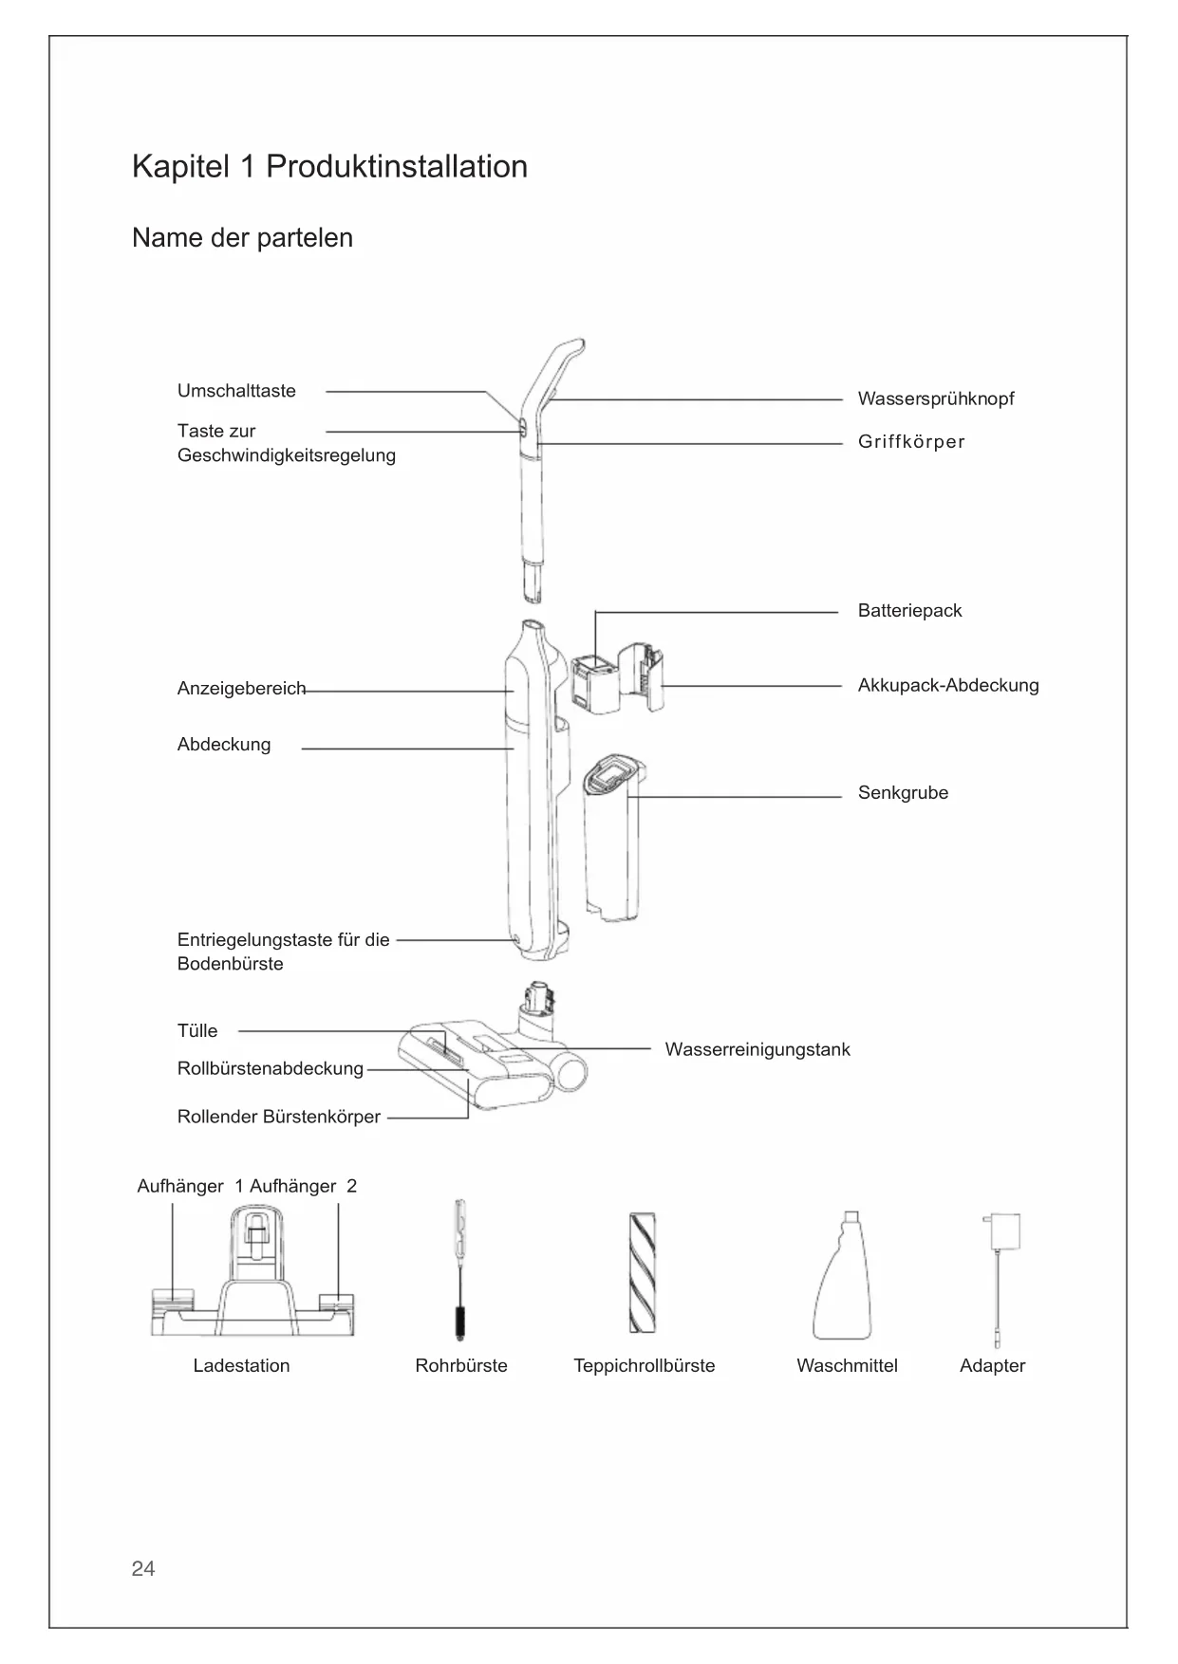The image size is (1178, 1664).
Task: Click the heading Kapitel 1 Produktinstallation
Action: click(329, 167)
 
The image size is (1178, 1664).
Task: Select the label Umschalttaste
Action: click(236, 391)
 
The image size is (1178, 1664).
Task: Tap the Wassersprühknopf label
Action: click(935, 398)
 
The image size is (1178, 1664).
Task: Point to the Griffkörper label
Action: click(910, 442)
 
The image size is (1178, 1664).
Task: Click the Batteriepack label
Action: click(909, 611)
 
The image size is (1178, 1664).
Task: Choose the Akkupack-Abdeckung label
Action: click(947, 685)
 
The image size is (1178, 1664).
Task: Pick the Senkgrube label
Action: click(903, 793)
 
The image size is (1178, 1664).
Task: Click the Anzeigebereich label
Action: click(241, 689)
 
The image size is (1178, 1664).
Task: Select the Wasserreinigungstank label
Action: click(757, 1049)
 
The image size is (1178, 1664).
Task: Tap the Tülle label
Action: click(197, 1031)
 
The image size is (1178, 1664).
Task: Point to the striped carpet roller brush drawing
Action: click(643, 1272)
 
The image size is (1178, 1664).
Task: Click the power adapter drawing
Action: click(999, 1271)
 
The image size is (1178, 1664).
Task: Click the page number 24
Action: click(143, 1568)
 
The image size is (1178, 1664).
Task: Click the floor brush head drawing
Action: click(484, 1063)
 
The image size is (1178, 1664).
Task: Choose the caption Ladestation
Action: click(241, 1366)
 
